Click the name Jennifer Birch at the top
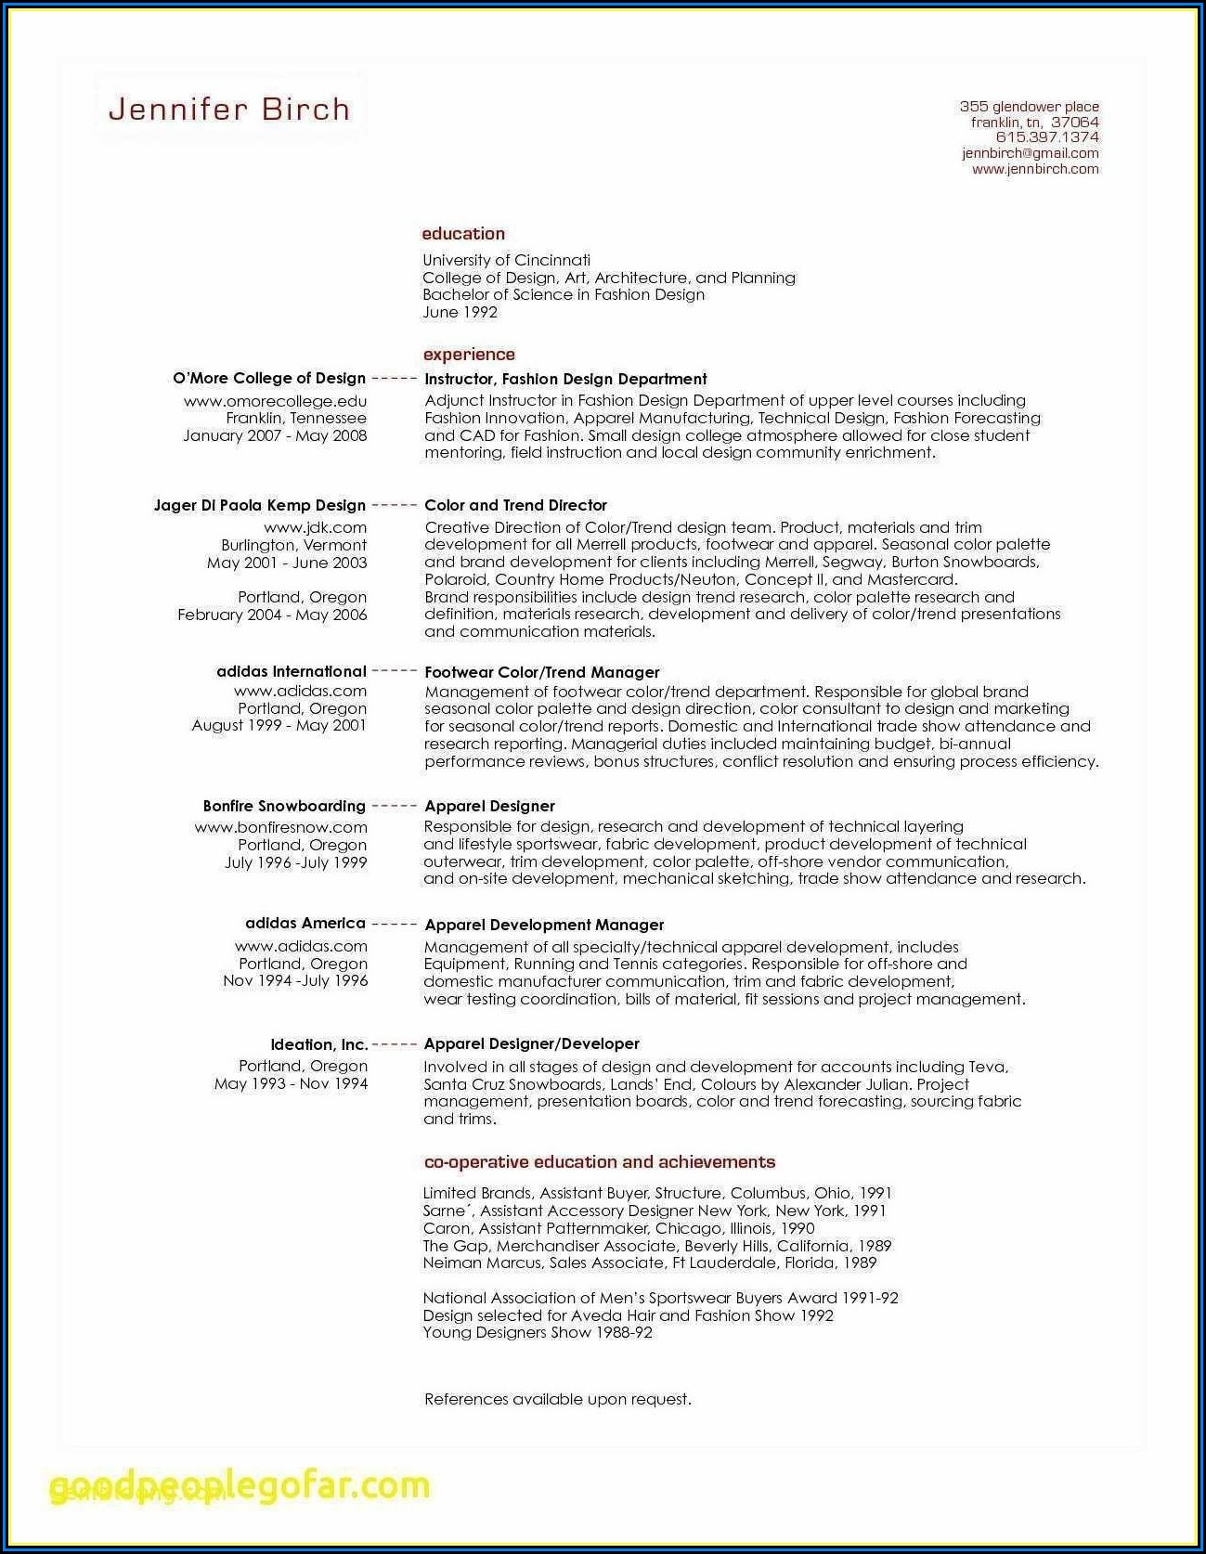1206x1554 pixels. [x=229, y=110]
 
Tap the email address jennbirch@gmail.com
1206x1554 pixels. [x=1030, y=153]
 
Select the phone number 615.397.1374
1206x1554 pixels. [x=1046, y=137]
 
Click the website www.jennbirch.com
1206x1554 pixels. [x=1035, y=169]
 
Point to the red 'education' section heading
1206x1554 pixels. [x=463, y=234]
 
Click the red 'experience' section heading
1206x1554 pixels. [x=469, y=355]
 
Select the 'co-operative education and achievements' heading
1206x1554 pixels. [x=599, y=1162]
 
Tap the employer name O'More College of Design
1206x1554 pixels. [x=269, y=378]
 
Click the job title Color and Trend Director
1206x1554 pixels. [x=515, y=505]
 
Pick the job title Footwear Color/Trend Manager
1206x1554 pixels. [x=541, y=672]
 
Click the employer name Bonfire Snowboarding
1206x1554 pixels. [x=284, y=806]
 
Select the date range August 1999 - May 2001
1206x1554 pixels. [x=279, y=725]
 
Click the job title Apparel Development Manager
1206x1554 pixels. [x=544, y=925]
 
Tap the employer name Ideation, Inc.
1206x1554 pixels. [x=319, y=1044]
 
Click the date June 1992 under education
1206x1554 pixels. [x=460, y=312]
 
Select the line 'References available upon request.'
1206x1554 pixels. [x=557, y=1399]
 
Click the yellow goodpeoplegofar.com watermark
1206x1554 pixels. [x=240, y=1486]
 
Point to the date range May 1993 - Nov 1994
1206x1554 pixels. [x=291, y=1083]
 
